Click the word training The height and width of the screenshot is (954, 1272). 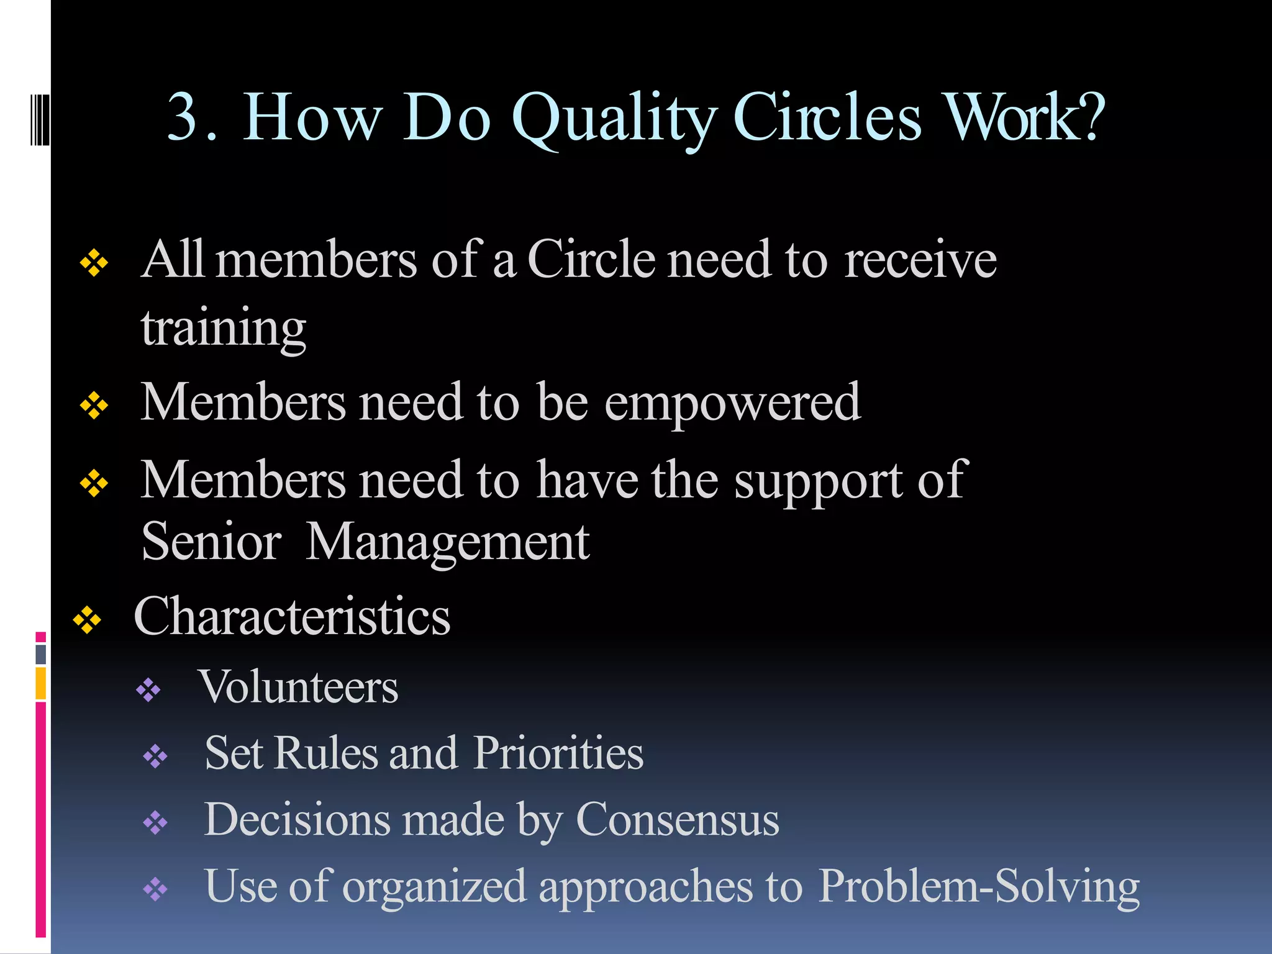point(224,328)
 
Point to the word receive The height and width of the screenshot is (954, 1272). point(920,260)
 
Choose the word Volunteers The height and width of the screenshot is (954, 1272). point(298,688)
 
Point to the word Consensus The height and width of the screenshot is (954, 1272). point(678,820)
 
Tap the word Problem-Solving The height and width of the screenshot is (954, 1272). point(979,887)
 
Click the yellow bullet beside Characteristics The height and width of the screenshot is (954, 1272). point(87,620)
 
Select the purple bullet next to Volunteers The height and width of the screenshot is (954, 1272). point(148,689)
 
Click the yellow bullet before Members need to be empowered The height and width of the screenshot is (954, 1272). point(94,406)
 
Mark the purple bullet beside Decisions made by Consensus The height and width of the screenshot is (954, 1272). point(155,823)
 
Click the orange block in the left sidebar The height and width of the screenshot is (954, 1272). point(41,683)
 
